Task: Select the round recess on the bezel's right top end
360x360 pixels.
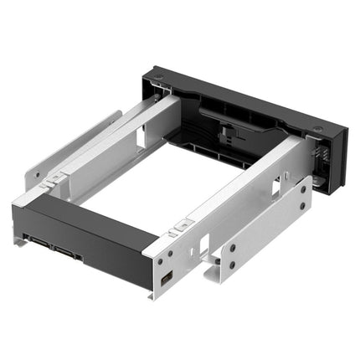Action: (319, 130)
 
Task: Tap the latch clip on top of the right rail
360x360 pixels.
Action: (178, 226)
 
